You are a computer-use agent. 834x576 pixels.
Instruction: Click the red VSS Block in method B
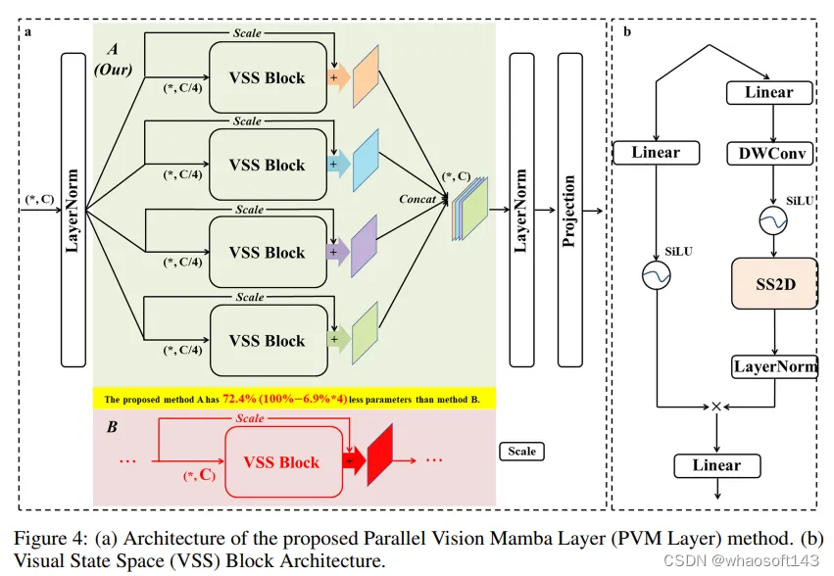pos(280,462)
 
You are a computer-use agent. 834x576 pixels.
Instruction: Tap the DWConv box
pos(768,153)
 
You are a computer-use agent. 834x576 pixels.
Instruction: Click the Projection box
pos(569,211)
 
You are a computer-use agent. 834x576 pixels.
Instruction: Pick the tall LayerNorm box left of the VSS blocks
pos(74,211)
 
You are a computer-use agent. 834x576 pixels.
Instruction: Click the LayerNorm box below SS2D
pos(774,367)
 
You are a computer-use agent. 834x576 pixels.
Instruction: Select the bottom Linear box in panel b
pos(716,465)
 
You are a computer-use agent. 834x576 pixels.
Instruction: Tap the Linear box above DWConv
pos(769,93)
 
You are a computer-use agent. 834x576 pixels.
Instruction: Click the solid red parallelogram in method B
pos(380,456)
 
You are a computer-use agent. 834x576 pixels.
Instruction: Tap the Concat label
pos(417,199)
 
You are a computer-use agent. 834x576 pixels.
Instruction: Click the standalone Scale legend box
pos(521,452)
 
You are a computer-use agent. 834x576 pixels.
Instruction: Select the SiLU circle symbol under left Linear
pos(655,277)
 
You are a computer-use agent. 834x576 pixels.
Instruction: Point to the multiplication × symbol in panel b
pos(715,406)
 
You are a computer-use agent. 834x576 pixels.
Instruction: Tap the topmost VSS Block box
pos(267,77)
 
